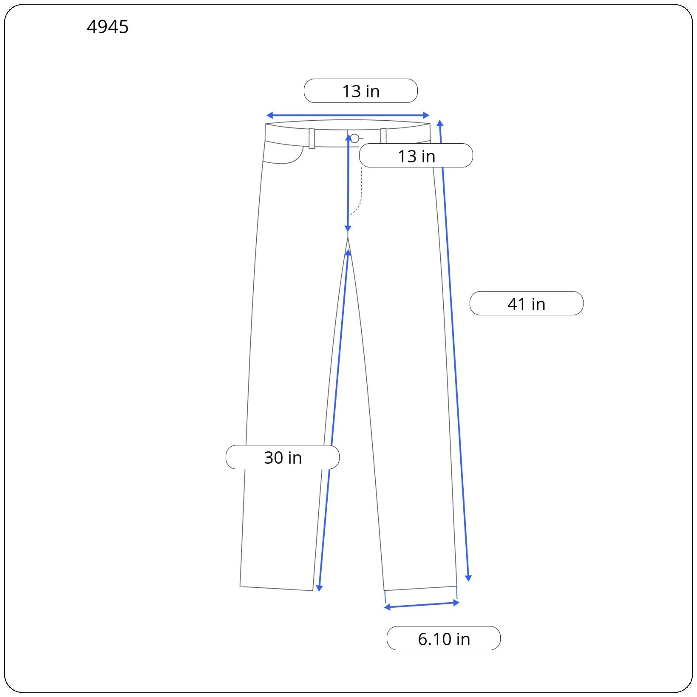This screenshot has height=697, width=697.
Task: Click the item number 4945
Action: point(108,27)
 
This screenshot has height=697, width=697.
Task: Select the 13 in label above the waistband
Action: point(361,91)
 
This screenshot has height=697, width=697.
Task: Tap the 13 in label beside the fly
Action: point(416,156)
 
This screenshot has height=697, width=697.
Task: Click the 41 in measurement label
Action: point(527,303)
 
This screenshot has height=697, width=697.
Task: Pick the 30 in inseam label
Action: point(283,457)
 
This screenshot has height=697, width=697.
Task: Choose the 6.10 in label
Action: point(444,638)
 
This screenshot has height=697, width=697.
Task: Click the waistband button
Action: point(354,138)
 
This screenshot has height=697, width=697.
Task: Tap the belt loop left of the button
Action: point(312,138)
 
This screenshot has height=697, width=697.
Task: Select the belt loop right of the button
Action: point(383,136)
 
